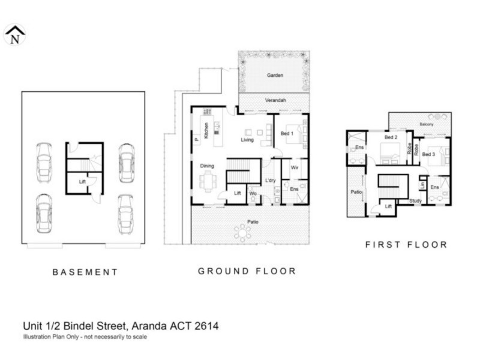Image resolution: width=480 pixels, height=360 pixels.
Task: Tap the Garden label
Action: (x=275, y=76)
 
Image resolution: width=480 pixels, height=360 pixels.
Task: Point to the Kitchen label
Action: (x=206, y=130)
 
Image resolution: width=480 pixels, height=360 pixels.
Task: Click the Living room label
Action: (x=247, y=140)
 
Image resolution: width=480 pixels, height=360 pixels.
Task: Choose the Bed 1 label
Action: (x=287, y=134)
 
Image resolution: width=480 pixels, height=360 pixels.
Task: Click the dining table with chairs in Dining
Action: (x=209, y=180)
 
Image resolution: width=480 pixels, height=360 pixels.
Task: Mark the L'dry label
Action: (x=270, y=181)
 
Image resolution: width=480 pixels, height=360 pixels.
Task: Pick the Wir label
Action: (x=294, y=167)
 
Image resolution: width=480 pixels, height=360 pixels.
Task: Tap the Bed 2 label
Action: (x=391, y=137)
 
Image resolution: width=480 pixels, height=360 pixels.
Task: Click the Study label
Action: (x=415, y=201)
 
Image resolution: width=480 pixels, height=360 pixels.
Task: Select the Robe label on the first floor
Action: (x=409, y=150)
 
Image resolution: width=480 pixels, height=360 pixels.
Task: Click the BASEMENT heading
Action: (x=85, y=272)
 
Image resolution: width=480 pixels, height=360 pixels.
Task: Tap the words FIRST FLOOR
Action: (x=406, y=245)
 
